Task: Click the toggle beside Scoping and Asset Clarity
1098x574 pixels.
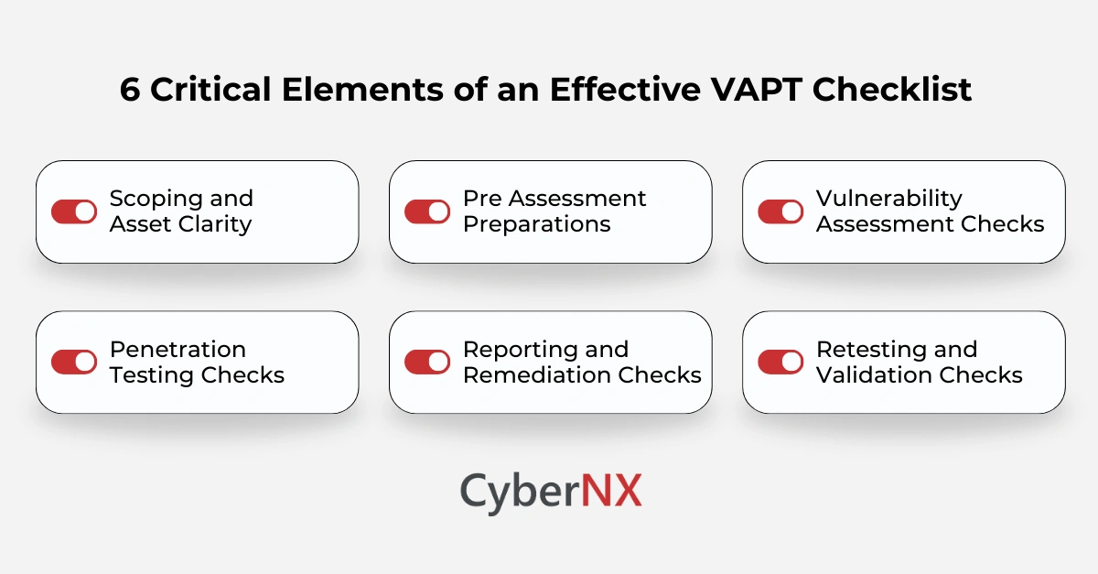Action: click(x=74, y=211)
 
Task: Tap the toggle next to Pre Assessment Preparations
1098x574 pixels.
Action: click(x=427, y=211)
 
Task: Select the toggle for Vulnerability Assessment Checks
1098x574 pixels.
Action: click(x=780, y=211)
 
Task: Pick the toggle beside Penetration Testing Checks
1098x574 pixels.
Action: click(x=74, y=362)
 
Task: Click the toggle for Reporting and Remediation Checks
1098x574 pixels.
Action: click(x=427, y=362)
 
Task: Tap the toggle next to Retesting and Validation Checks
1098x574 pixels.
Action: click(x=780, y=362)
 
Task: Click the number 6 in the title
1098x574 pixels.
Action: click(x=130, y=91)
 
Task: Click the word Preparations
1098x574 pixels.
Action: click(x=536, y=224)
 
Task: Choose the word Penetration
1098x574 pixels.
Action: click(x=178, y=350)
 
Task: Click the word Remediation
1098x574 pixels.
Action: click(x=537, y=375)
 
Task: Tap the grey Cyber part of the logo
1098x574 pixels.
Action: click(x=519, y=491)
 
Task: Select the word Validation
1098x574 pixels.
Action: click(x=870, y=375)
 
